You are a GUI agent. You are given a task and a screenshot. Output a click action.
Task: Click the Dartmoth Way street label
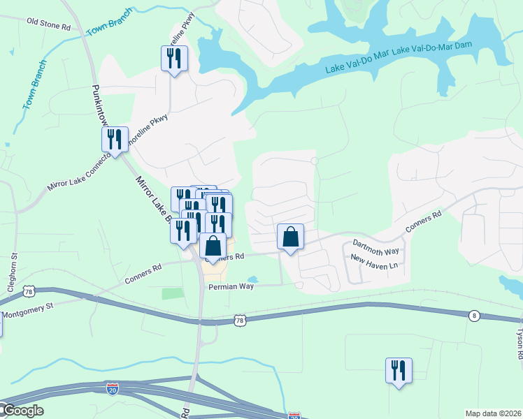tap(375, 246)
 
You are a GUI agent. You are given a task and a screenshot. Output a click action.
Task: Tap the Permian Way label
tap(230, 286)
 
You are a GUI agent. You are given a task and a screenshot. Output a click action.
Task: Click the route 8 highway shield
tap(474, 316)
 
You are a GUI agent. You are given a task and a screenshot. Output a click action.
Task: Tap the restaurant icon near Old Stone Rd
tap(174, 58)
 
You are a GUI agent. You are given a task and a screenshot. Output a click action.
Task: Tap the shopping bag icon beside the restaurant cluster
tap(213, 246)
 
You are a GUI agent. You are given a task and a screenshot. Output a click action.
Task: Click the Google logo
tap(22, 411)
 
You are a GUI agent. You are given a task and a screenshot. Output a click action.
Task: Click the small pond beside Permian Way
tap(252, 279)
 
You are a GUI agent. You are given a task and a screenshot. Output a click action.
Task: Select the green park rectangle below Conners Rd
tap(173, 293)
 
